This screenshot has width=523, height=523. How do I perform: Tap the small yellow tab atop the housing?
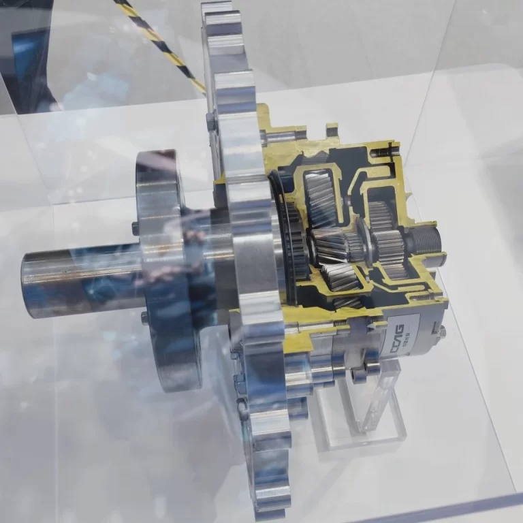point(332,129)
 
